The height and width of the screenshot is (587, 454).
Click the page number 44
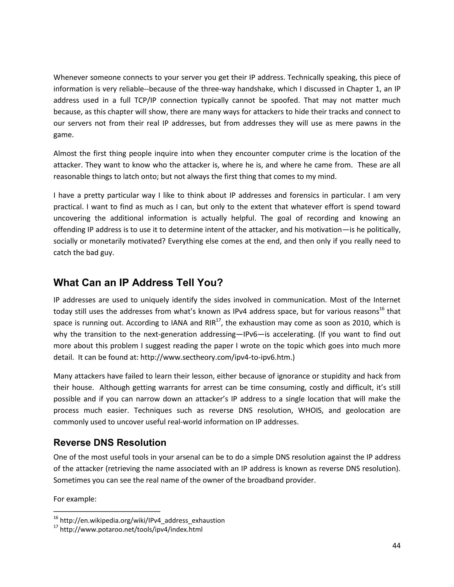[x=396, y=546]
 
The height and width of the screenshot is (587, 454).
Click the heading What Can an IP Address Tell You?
[x=138, y=283]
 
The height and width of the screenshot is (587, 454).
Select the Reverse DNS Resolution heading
[x=110, y=443]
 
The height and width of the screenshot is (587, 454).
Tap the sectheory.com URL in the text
[x=217, y=358]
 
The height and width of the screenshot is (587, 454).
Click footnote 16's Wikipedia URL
[x=142, y=521]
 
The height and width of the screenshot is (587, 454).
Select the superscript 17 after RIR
[x=218, y=320]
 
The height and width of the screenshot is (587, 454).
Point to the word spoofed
[x=285, y=101]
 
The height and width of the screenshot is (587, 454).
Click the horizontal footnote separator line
[x=107, y=511]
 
